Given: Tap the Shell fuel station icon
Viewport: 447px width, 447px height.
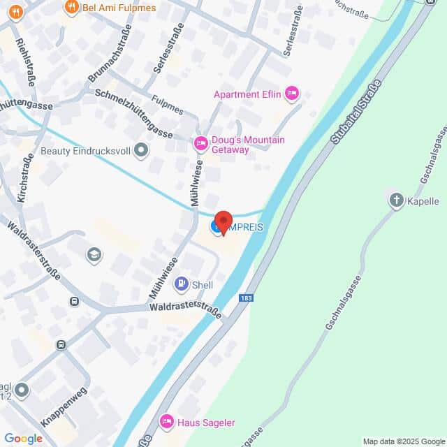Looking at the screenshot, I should click(x=181, y=284).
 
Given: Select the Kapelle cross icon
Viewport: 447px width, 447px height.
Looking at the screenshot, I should click(x=397, y=201).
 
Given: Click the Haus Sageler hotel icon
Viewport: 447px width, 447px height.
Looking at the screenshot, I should click(x=166, y=421).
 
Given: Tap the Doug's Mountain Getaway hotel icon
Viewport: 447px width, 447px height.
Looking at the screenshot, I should click(x=200, y=144).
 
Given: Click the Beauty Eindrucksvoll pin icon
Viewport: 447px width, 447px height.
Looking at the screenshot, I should click(x=141, y=149).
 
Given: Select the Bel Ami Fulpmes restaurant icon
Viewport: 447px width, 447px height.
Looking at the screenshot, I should click(x=71, y=8).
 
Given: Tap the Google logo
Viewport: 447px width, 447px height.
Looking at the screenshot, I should click(x=23, y=438).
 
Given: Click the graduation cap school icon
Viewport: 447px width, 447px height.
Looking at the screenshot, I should click(x=94, y=254).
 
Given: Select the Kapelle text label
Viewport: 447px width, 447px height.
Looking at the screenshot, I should click(x=423, y=201).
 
